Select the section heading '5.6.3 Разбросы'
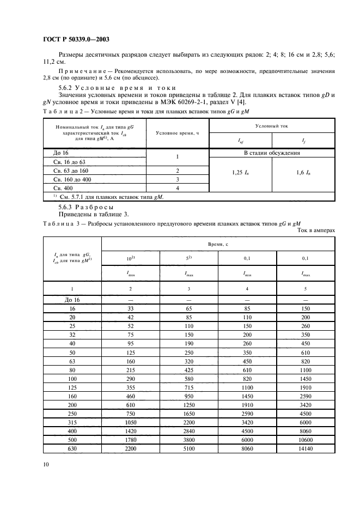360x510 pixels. pos(86,207)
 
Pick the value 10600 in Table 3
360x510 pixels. pos(306,439)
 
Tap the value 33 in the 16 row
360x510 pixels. pos(130,308)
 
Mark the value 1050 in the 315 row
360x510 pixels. pos(130,422)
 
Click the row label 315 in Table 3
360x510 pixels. pos(72,422)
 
